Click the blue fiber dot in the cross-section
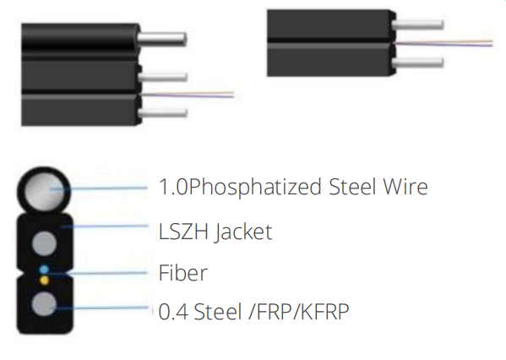[x=44, y=270]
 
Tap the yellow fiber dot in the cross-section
[x=44, y=280]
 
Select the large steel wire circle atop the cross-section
[x=44, y=190]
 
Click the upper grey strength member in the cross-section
[x=44, y=243]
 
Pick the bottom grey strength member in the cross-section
[x=44, y=304]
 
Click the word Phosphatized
[x=255, y=188]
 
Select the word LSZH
[x=183, y=232]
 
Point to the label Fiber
[x=182, y=273]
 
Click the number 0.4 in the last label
[x=173, y=312]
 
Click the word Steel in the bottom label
[x=218, y=312]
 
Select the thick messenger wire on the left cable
[x=162, y=40]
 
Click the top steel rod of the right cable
[x=418, y=25]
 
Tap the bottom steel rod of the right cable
[x=418, y=63]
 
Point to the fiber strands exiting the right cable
[x=443, y=43]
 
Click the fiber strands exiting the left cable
[x=188, y=95]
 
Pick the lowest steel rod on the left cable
[x=163, y=112]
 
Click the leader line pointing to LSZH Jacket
[x=105, y=226]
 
